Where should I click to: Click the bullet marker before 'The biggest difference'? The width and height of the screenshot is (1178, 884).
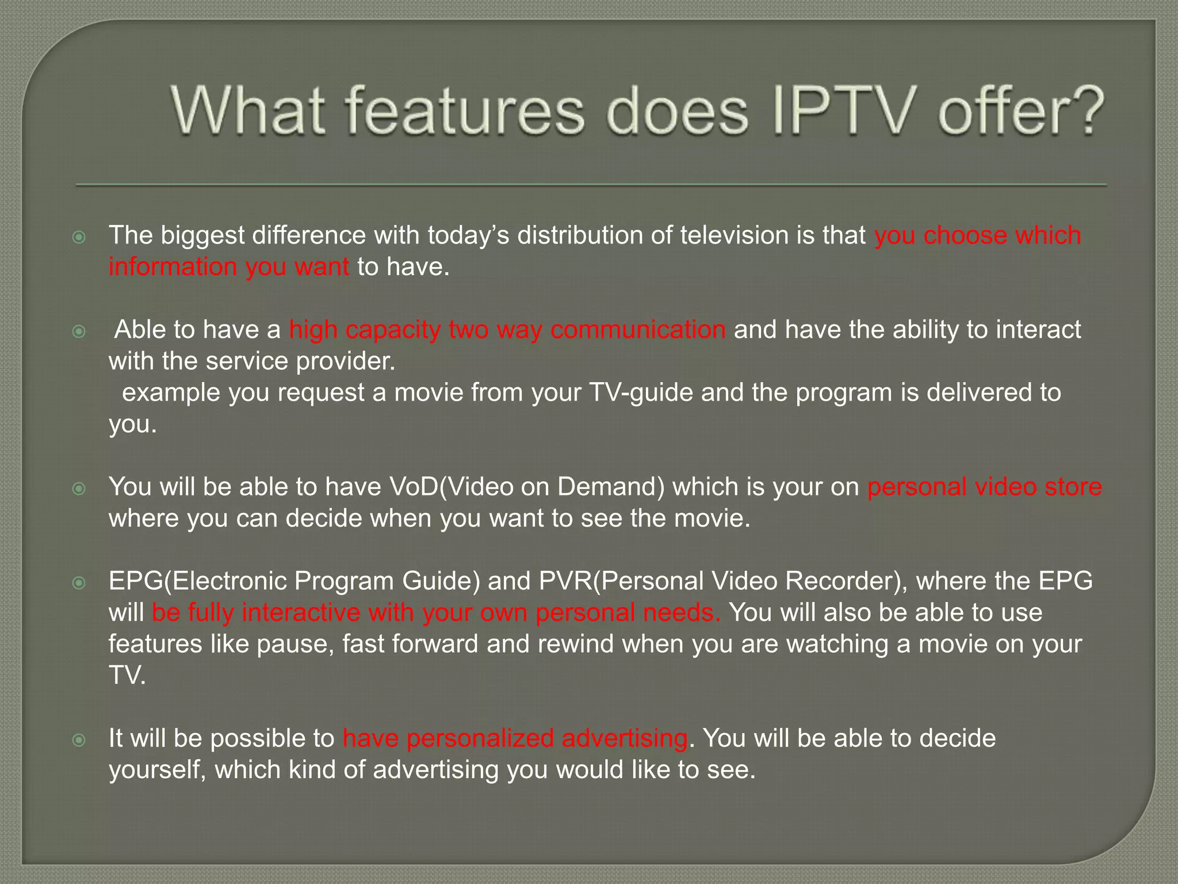tap(79, 237)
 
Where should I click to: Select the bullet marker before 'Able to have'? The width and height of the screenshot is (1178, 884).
tap(79, 331)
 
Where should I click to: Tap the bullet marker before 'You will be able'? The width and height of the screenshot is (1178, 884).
tap(79, 489)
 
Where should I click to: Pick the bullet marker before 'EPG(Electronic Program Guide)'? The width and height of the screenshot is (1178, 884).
tap(79, 583)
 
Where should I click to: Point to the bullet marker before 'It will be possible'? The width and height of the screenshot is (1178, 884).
tap(79, 740)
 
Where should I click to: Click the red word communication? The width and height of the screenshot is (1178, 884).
tap(638, 330)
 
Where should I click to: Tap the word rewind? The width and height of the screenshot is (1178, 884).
tap(576, 644)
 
